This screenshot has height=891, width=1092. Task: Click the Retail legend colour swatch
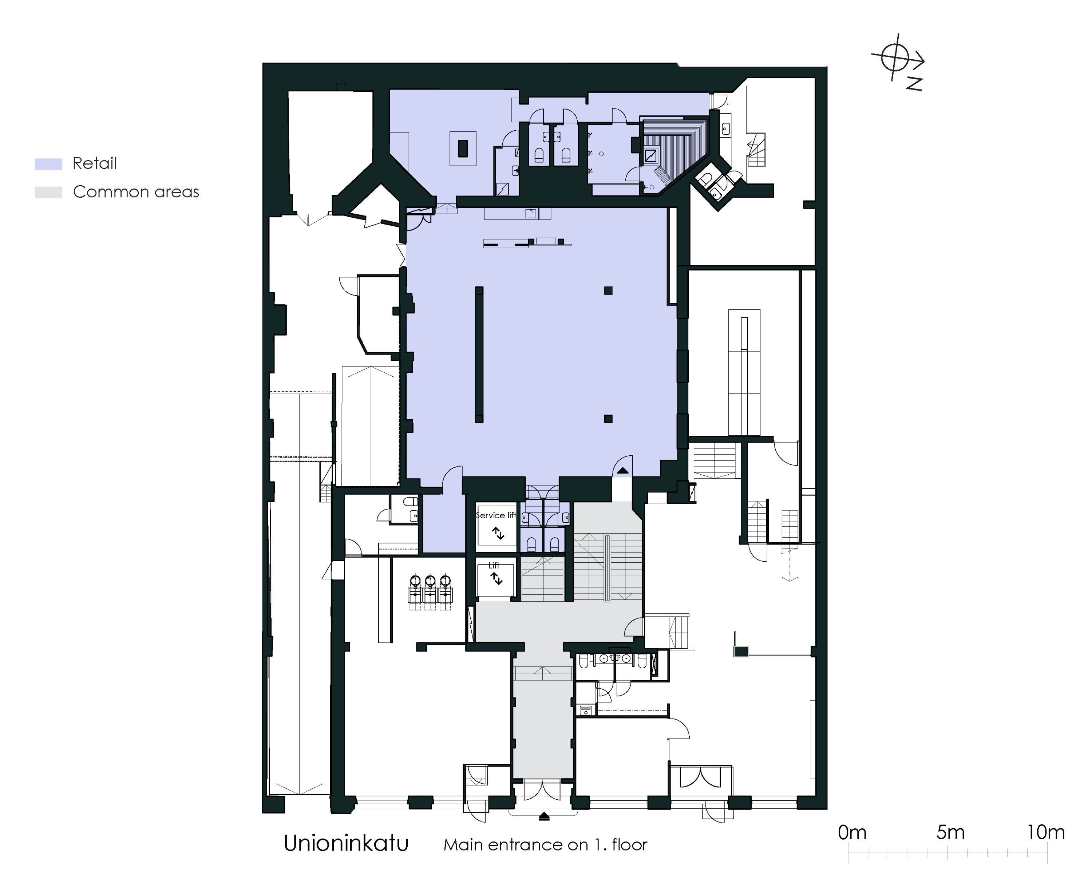[48, 164]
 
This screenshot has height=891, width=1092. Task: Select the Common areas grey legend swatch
[48, 193]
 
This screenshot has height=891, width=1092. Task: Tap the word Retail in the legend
[95, 163]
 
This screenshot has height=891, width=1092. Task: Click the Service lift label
[496, 515]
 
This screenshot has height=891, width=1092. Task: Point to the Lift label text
[494, 565]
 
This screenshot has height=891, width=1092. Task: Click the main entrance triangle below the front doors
[544, 816]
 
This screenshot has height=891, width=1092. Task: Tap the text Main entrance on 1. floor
[546, 845]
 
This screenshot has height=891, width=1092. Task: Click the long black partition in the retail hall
[479, 355]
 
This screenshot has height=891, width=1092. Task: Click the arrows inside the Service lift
[498, 533]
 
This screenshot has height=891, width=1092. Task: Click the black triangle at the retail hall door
[622, 470]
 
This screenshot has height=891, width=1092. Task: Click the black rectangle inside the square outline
[463, 148]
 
